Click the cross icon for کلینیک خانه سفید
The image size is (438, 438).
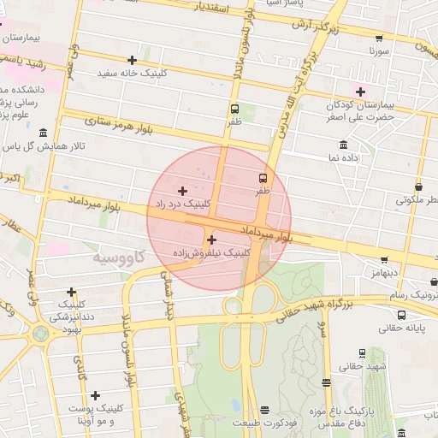(132, 60)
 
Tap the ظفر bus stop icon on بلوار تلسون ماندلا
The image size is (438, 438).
(234, 109)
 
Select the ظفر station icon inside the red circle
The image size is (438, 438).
(263, 178)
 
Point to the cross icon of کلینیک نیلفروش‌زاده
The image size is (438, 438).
(211, 240)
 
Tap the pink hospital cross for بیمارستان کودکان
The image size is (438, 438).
(360, 92)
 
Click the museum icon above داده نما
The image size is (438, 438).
(343, 144)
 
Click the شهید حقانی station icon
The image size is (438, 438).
(362, 352)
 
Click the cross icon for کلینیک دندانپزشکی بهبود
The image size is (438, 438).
(71, 292)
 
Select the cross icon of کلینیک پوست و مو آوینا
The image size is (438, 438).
(95, 395)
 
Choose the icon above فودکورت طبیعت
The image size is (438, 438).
(264, 410)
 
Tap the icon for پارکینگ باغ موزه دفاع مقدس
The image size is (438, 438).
(326, 383)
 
